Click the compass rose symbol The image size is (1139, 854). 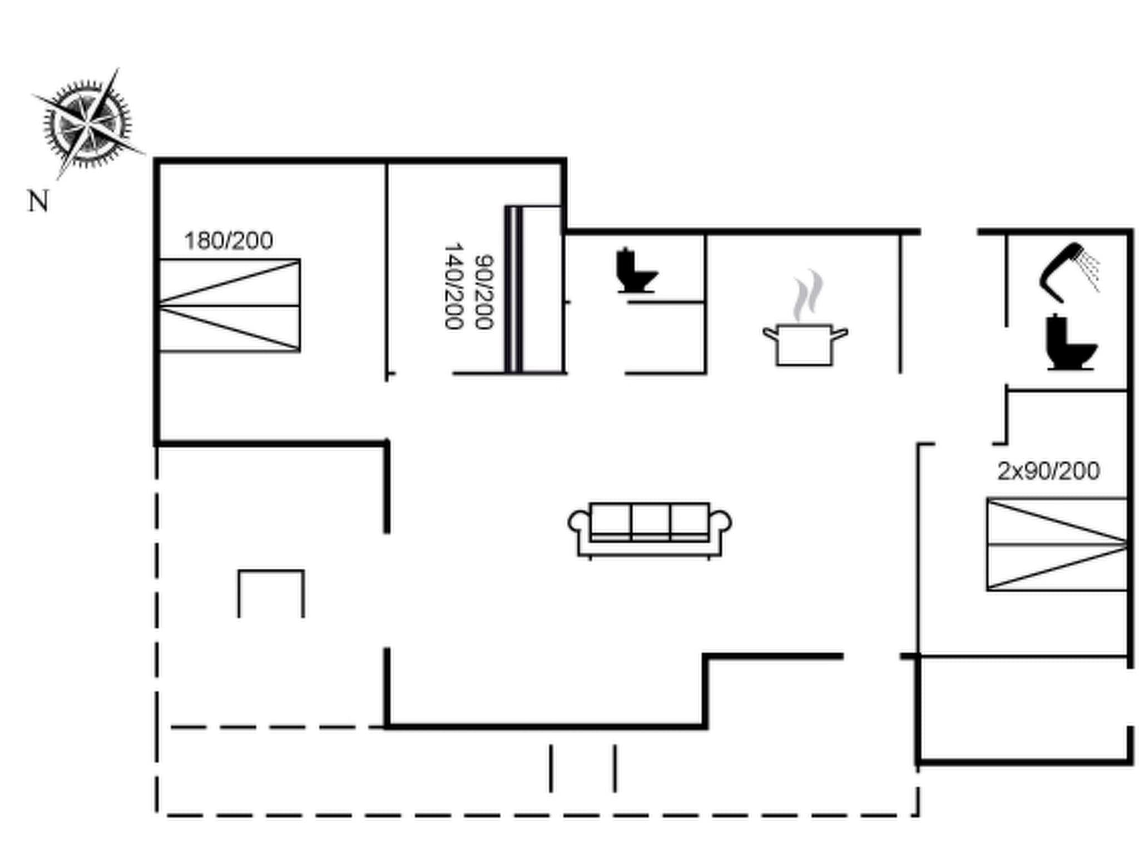(87, 123)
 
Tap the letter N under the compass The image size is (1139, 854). (38, 201)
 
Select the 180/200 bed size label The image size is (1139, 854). (229, 241)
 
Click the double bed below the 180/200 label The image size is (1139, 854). (230, 305)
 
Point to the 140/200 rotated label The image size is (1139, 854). (454, 286)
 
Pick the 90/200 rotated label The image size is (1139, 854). (484, 292)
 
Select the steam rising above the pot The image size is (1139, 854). (808, 295)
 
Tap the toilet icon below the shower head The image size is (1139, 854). (1069, 343)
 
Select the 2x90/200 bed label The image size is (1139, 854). (1048, 471)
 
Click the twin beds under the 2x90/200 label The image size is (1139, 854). (1057, 545)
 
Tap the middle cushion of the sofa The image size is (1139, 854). (650, 521)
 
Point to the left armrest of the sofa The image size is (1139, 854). (577, 523)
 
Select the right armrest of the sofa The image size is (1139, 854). (722, 523)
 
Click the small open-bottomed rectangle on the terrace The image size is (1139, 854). (271, 593)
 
